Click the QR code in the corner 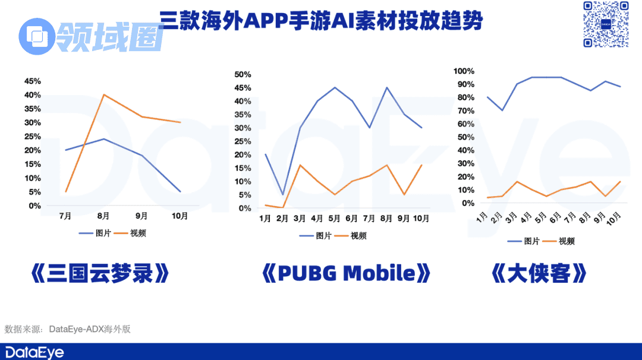point(605,24)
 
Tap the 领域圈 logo point(92,36)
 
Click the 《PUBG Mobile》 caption point(346,274)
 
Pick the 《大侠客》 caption point(539,274)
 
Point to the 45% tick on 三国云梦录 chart point(32,81)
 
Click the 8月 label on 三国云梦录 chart point(103,217)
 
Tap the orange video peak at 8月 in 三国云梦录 point(104,95)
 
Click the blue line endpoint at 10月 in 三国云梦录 point(180,191)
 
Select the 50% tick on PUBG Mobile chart point(243,74)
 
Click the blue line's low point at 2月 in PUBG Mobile point(282,195)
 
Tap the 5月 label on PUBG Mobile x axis point(334,219)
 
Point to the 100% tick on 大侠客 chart point(464,71)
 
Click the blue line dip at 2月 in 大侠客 point(503,110)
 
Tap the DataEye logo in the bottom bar point(34,352)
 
